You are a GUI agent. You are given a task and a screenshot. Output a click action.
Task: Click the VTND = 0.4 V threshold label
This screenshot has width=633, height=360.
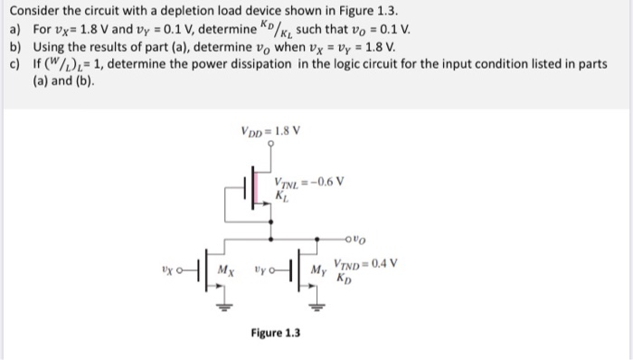pyautogui.click(x=366, y=265)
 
